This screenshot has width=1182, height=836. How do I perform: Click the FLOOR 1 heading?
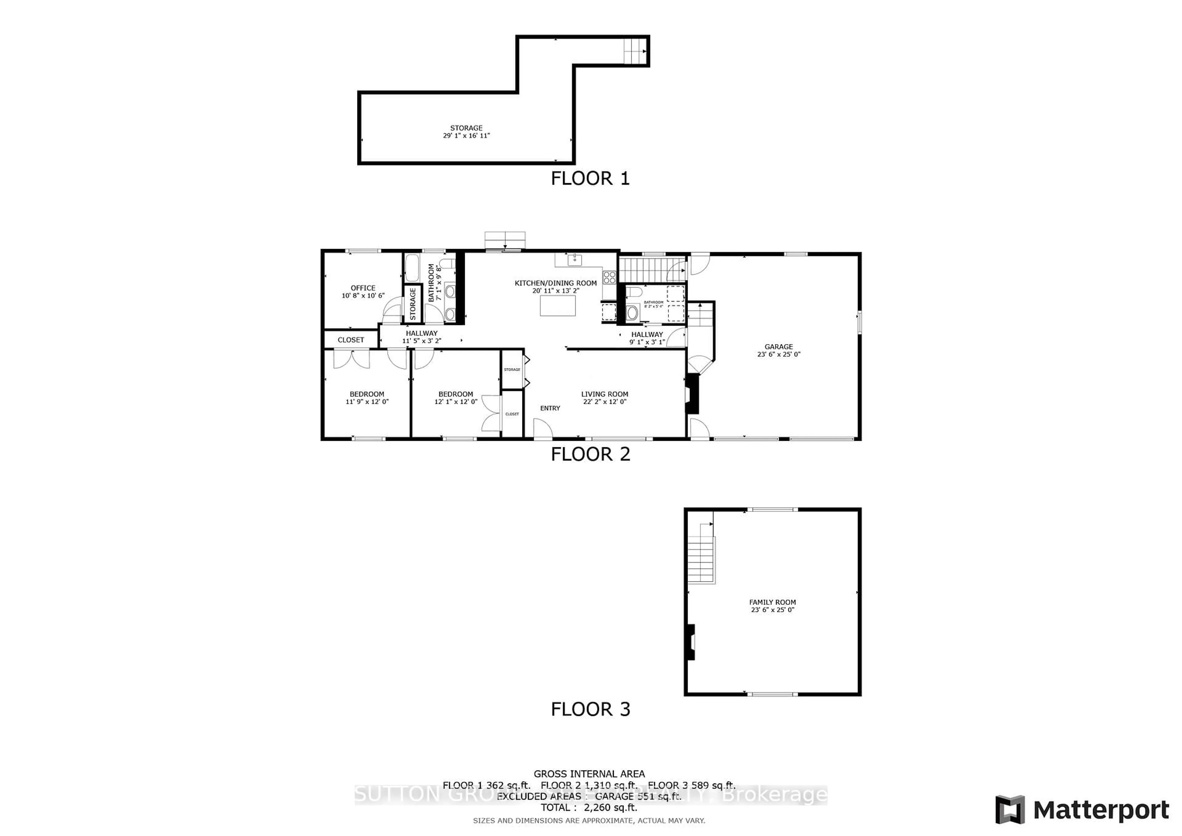[590, 179]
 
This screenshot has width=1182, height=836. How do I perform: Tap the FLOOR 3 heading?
[590, 709]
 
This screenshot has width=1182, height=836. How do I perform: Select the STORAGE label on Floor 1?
[466, 128]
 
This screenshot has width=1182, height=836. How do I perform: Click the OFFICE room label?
[363, 288]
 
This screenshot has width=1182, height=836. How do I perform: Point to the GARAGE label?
[778, 347]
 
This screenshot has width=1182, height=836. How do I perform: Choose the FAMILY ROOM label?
[772, 602]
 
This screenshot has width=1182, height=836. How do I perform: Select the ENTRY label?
[550, 408]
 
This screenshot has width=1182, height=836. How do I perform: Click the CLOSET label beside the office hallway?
[351, 340]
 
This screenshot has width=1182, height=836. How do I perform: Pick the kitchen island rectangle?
[557, 306]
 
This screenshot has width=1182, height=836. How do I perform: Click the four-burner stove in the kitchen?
[609, 277]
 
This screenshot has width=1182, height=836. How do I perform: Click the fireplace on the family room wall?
[690, 642]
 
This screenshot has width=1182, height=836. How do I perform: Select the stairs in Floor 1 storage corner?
[635, 50]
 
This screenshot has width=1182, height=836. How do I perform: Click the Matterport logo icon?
[1010, 810]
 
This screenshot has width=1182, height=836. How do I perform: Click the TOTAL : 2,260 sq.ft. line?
[589, 807]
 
